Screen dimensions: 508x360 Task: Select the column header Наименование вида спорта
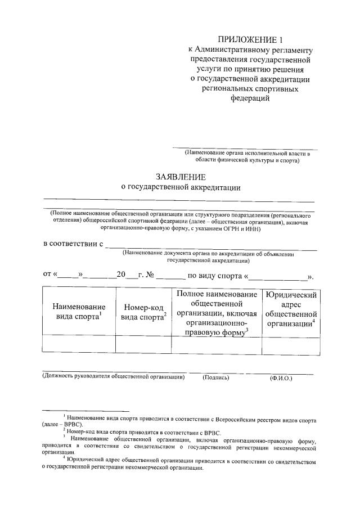coord(79,312)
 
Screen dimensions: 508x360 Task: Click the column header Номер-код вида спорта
coord(143,312)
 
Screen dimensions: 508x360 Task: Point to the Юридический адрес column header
coord(290,309)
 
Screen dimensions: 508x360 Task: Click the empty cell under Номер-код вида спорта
coord(143,345)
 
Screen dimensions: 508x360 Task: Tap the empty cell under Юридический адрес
coord(290,345)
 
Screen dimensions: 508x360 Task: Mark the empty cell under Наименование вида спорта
coord(79,345)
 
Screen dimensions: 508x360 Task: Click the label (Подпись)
coord(216,377)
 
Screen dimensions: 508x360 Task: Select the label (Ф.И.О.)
coord(281,378)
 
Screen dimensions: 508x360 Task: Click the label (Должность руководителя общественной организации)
coord(114,377)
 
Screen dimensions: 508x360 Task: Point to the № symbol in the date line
coord(150,275)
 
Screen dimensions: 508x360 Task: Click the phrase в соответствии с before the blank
coord(73,244)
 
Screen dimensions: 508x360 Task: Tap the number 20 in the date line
coord(121,275)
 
